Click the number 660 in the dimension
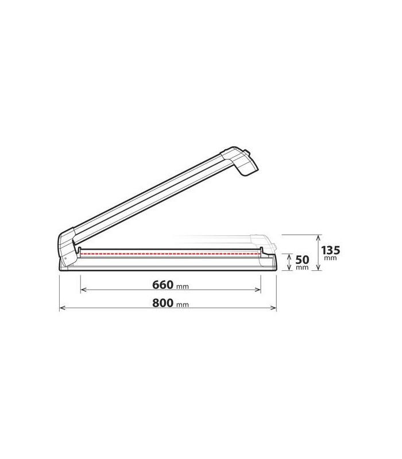click(x=163, y=285)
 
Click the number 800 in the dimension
click(x=163, y=303)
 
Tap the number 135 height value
click(x=331, y=251)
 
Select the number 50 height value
click(x=302, y=260)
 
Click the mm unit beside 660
click(x=183, y=286)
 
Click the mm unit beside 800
click(x=183, y=305)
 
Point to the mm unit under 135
click(x=331, y=258)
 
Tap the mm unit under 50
click(x=302, y=267)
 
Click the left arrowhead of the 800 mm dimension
click(x=62, y=308)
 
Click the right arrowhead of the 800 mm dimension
click(x=274, y=308)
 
